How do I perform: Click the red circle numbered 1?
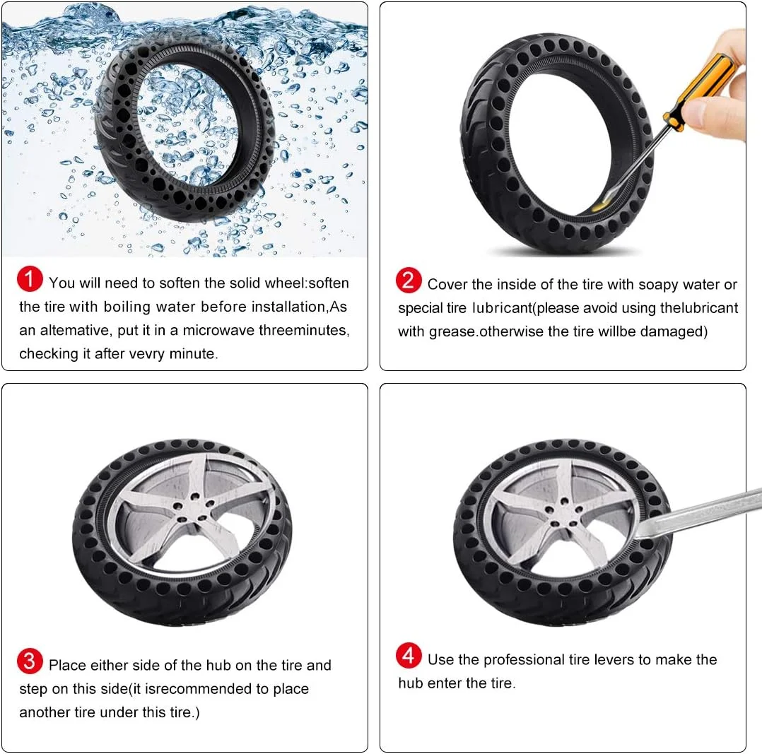point(30,279)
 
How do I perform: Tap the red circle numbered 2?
point(409,281)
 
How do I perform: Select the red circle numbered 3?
point(30,661)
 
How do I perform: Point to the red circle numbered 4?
point(409,655)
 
